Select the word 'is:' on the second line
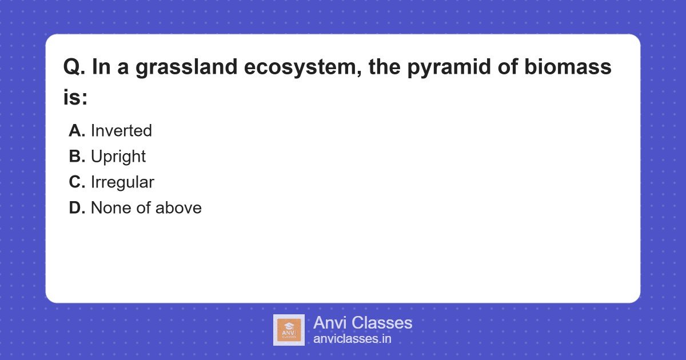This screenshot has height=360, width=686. coord(75,98)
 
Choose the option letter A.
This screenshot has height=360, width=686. coord(77,131)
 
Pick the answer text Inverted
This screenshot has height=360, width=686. coord(121,131)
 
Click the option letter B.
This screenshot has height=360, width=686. coord(77,157)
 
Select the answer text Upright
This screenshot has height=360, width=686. coord(118,157)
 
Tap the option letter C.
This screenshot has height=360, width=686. coord(77,182)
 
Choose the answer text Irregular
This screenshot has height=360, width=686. coord(122,182)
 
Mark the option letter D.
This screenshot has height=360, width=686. coord(77,208)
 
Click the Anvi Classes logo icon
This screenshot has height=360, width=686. coord(289,330)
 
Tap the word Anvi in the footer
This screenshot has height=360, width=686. coord(330,323)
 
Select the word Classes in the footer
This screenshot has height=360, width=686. coord(381,323)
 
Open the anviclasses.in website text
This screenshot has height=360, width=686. coord(352,339)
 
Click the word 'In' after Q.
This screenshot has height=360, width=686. coord(100,68)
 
